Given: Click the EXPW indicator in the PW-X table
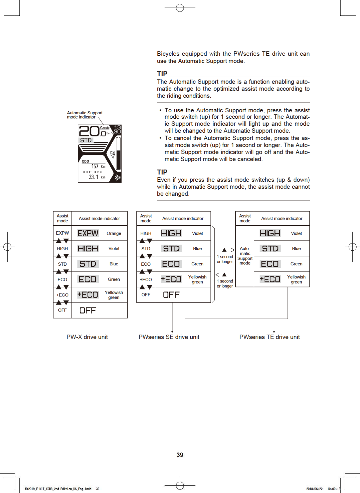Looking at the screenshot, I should [x=88, y=233].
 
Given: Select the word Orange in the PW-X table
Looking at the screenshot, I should [x=114, y=233].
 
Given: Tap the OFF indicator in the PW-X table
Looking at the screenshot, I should [x=88, y=310].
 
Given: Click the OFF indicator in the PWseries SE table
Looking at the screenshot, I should [x=171, y=295].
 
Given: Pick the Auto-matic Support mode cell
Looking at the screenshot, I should [x=245, y=256].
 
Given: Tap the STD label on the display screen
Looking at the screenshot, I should [x=86, y=140].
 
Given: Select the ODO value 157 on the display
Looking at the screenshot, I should [x=95, y=166].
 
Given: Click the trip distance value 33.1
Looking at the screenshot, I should [x=93, y=177].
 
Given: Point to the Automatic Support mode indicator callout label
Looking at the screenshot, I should [x=84, y=115].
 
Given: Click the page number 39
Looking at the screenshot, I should [x=180, y=455].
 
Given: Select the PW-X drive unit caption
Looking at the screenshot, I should [x=87, y=337].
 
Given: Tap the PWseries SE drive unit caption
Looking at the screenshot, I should [x=169, y=337].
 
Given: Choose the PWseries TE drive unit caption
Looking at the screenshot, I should [x=269, y=337].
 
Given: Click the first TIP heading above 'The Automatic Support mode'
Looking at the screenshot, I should [x=162, y=74].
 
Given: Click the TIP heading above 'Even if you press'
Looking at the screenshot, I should [x=162, y=172].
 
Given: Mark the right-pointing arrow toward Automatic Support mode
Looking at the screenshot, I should [x=225, y=250].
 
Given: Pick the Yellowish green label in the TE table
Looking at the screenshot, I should [x=296, y=279].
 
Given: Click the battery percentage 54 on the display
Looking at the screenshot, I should [x=112, y=153].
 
